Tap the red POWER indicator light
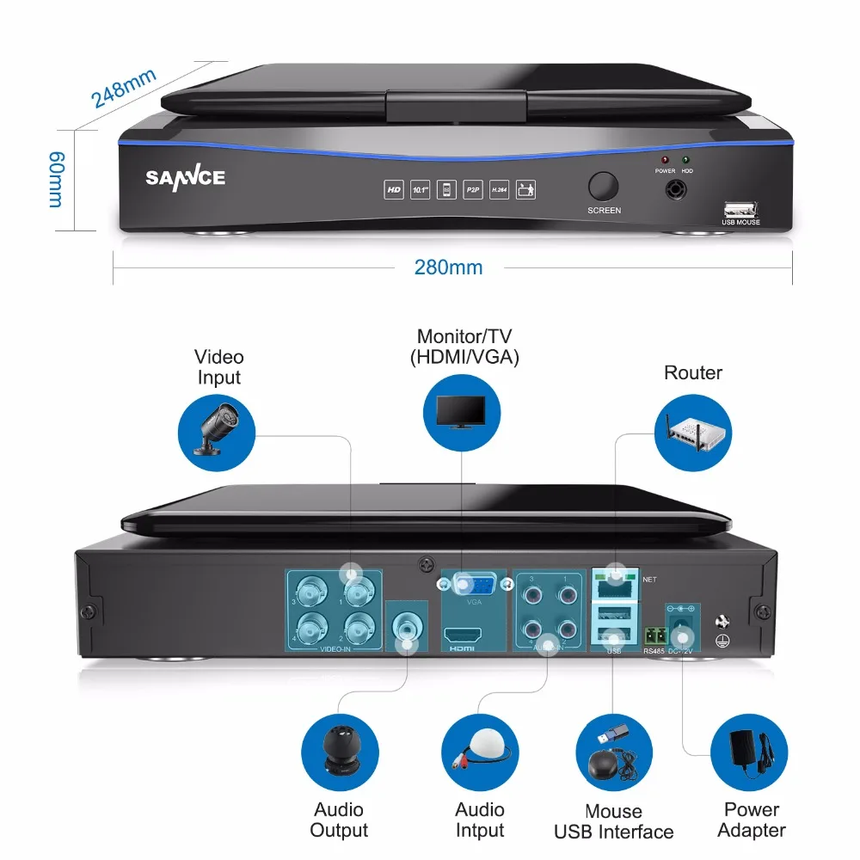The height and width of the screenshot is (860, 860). click(x=664, y=160)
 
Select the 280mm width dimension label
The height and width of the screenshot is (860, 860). click(x=448, y=267)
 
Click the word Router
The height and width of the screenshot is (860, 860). click(x=692, y=372)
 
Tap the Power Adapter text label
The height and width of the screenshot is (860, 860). click(x=751, y=820)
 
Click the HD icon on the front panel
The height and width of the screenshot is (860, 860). click(x=394, y=189)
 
